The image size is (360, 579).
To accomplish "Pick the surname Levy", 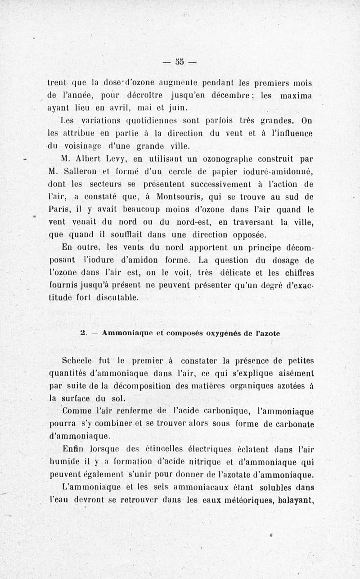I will pyautogui.click(x=119, y=159).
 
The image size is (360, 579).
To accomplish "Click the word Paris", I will pyautogui.click(x=57, y=210).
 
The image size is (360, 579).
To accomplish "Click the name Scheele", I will pyautogui.click(x=78, y=361).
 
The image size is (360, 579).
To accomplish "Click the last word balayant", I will pyautogui.click(x=296, y=500).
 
